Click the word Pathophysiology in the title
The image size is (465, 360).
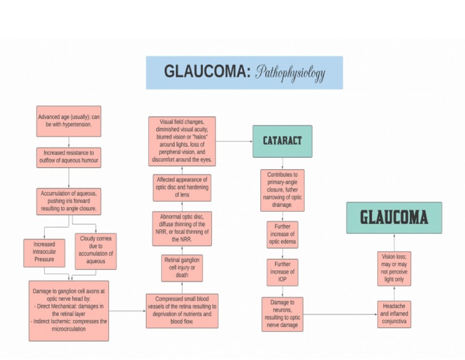pyautogui.click(x=290, y=73)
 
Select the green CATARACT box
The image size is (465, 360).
pyautogui.click(x=282, y=141)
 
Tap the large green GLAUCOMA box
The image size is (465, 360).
pyautogui.click(x=394, y=218)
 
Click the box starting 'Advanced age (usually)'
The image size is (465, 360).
pyautogui.click(x=68, y=121)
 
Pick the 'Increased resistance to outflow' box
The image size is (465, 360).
pyautogui.click(x=68, y=158)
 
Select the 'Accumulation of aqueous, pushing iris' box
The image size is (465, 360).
pyautogui.click(x=68, y=201)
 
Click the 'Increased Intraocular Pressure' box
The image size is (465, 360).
pyautogui.click(x=44, y=253)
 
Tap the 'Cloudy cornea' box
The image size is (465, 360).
pyautogui.click(x=95, y=250)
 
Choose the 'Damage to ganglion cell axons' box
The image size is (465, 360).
pyautogui.click(x=69, y=310)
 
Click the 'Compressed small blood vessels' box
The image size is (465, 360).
pyautogui.click(x=182, y=310)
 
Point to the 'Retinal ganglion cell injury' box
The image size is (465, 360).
pyautogui.click(x=182, y=268)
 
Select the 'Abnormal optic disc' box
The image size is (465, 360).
pyautogui.click(x=182, y=228)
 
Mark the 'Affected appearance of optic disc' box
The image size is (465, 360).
pyautogui.click(x=182, y=187)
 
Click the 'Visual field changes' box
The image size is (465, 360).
pyautogui.click(x=182, y=141)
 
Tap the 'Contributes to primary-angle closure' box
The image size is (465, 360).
pyautogui.click(x=282, y=190)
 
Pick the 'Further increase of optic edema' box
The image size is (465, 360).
pyautogui.click(x=282, y=235)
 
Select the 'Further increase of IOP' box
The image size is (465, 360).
pyautogui.click(x=282, y=272)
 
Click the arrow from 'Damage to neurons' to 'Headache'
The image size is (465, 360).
pyautogui.click(x=339, y=315)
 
